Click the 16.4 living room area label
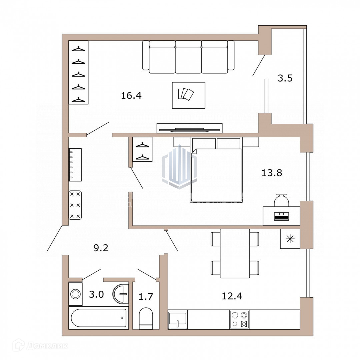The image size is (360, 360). click(131, 96)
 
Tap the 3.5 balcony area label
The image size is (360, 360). click(285, 78)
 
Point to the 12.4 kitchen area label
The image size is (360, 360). click(232, 295)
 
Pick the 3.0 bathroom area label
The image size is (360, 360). click(96, 294)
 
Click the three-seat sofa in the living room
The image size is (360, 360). click(188, 57)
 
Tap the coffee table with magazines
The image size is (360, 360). click(188, 95)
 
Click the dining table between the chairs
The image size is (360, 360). click(235, 253)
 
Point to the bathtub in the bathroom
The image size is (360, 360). click(99, 318)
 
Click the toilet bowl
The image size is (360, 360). click(146, 318)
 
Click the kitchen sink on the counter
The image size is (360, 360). click(178, 319)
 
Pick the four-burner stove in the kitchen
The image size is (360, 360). click(239, 319)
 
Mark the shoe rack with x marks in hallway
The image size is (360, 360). click(75, 205)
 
